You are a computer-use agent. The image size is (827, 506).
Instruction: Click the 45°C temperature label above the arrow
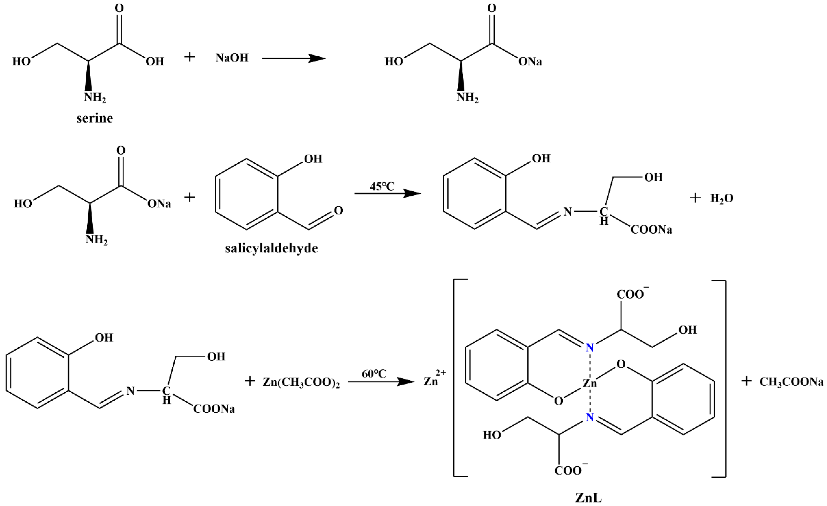point(382,186)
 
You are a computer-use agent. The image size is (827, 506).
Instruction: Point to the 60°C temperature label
point(374,374)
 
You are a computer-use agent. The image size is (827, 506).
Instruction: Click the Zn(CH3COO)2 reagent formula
point(301,383)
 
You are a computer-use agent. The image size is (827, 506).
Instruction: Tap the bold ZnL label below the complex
point(588,498)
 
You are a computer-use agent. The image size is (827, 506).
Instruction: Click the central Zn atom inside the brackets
point(589,383)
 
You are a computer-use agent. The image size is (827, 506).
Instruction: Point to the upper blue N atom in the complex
point(589,348)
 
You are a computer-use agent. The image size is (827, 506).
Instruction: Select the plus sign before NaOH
point(190,57)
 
